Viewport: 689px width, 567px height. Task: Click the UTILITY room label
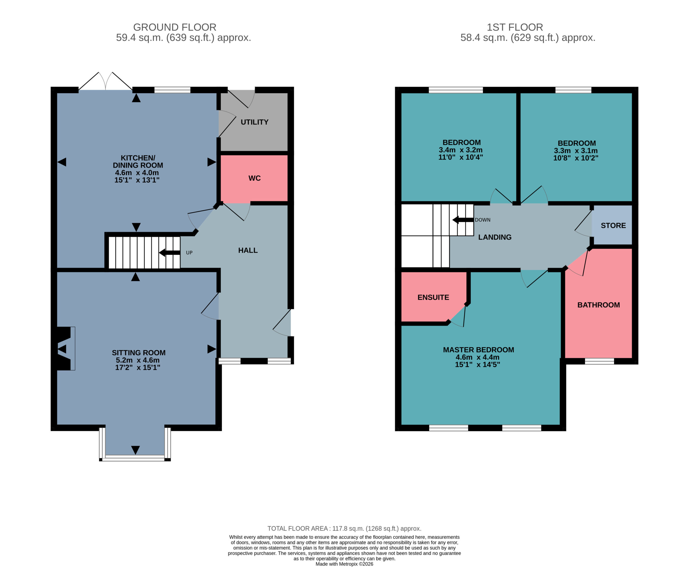coord(254,122)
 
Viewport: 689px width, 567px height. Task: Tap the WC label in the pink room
coord(254,178)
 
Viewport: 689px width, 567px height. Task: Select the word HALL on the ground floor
coord(248,250)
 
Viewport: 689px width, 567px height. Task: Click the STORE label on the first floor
coord(613,226)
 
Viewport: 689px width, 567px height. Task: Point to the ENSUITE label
coord(433,297)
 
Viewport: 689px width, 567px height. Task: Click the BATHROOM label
coord(599,305)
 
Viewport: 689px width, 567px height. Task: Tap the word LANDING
coord(495,237)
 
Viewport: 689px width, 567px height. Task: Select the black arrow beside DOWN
coord(463,220)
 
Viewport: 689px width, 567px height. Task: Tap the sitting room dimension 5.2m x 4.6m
coord(138,360)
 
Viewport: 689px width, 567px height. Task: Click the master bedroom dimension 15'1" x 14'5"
coord(477,365)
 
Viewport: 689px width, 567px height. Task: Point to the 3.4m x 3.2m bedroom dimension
coord(460,150)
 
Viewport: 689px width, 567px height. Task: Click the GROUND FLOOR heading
coord(175,27)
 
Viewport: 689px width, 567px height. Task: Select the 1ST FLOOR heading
coord(515,27)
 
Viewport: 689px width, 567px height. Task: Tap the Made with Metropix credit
coord(344,564)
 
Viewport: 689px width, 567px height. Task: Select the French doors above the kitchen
coord(106,81)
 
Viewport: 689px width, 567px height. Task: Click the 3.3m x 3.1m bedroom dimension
coord(576,150)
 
